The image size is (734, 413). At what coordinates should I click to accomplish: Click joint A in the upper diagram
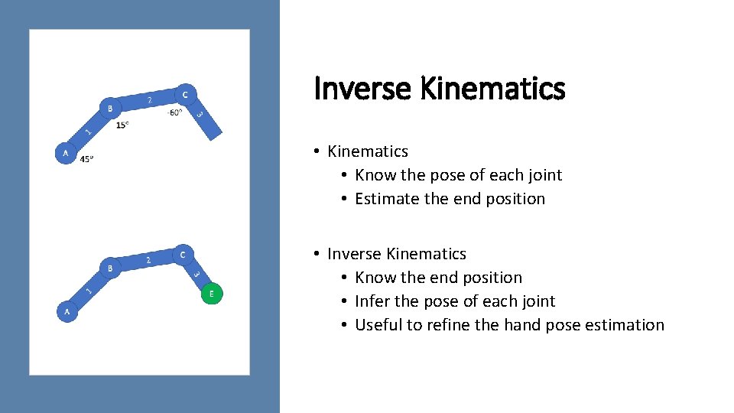click(x=66, y=153)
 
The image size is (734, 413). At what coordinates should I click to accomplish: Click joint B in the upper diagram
click(x=110, y=108)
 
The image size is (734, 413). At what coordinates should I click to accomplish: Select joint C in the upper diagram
click(x=184, y=94)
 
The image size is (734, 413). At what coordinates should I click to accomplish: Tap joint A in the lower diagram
click(x=67, y=311)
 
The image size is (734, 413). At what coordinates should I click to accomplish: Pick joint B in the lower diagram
click(x=110, y=268)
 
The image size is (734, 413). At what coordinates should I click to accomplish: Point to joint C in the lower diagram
click(x=183, y=254)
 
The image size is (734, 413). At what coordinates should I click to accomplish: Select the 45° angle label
click(x=87, y=160)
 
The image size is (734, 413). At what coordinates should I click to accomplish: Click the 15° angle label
click(x=122, y=125)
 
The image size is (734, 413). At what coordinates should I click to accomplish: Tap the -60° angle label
click(x=174, y=112)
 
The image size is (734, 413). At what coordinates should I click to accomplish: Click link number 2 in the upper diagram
click(x=148, y=101)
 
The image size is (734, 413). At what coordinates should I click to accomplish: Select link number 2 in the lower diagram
click(x=148, y=261)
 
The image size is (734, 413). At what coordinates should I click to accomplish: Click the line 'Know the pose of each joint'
click(x=458, y=175)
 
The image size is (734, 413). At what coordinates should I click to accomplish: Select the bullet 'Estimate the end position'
click(x=450, y=199)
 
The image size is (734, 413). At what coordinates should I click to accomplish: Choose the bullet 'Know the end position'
click(x=438, y=278)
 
